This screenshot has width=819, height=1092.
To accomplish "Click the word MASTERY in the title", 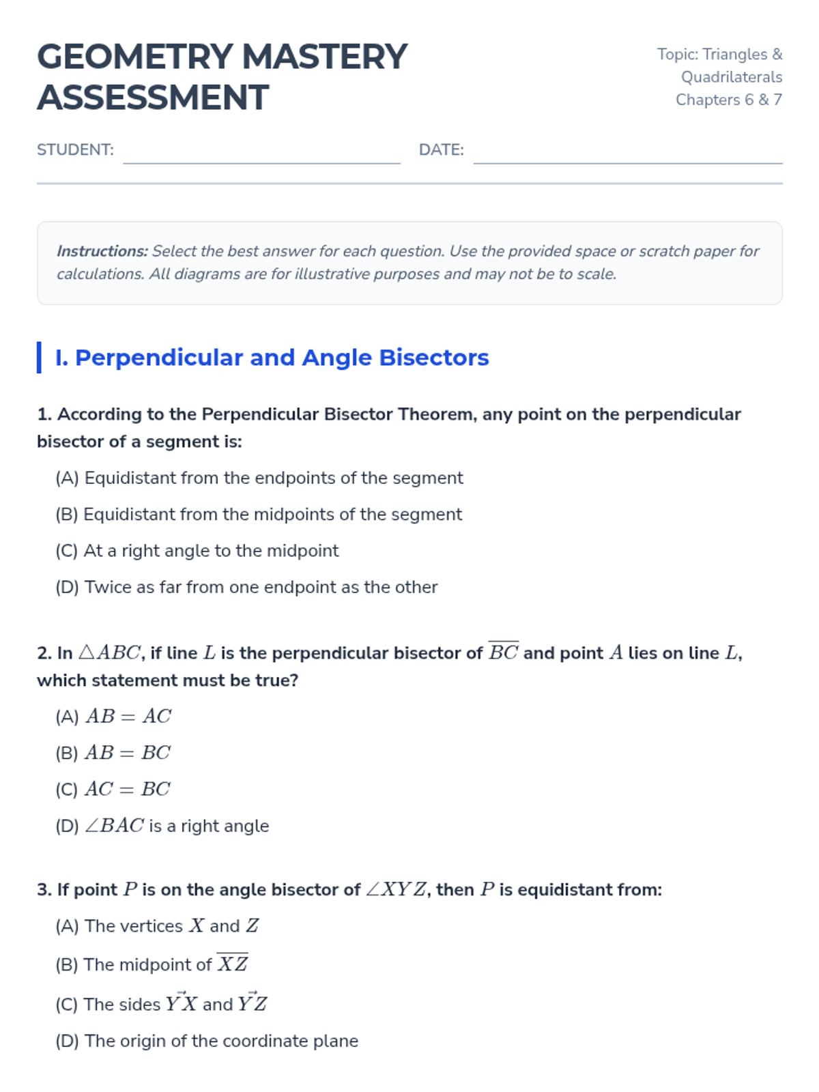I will (324, 57).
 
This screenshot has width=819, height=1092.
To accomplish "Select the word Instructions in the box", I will (102, 251).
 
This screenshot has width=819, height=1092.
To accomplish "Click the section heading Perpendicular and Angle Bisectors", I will (281, 358).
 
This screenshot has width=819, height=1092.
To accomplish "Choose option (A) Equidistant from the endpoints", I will (259, 478).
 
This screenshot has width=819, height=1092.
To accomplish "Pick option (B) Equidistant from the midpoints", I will (259, 514).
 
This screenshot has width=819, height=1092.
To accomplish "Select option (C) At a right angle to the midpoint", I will (197, 551).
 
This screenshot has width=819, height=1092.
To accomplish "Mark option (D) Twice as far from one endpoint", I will (246, 587).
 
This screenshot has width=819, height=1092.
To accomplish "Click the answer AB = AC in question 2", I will (128, 717).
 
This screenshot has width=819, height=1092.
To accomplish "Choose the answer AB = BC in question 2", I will (127, 753).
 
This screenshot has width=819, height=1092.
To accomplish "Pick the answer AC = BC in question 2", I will (127, 789).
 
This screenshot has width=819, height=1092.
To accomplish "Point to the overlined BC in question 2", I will (504, 652).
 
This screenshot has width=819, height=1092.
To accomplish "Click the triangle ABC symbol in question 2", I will (109, 653).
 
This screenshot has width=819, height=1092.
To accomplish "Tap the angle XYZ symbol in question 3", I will (397, 890).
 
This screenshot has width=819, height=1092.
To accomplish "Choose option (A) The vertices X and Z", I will (157, 926).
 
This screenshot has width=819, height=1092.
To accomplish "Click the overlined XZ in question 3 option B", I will (233, 964).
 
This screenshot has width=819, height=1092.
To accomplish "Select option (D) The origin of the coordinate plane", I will (207, 1041).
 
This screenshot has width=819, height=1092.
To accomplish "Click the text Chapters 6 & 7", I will (728, 100).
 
